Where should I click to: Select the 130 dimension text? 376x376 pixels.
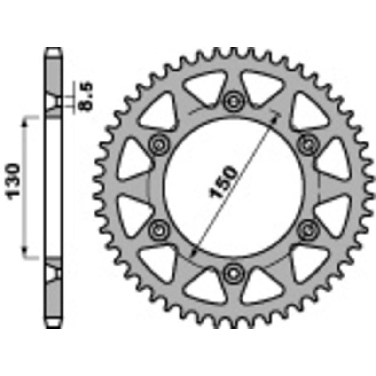point(14,181)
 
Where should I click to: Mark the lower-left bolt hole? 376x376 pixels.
point(158,229)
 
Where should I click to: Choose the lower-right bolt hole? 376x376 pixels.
point(308,229)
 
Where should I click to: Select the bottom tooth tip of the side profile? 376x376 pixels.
point(53,325)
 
